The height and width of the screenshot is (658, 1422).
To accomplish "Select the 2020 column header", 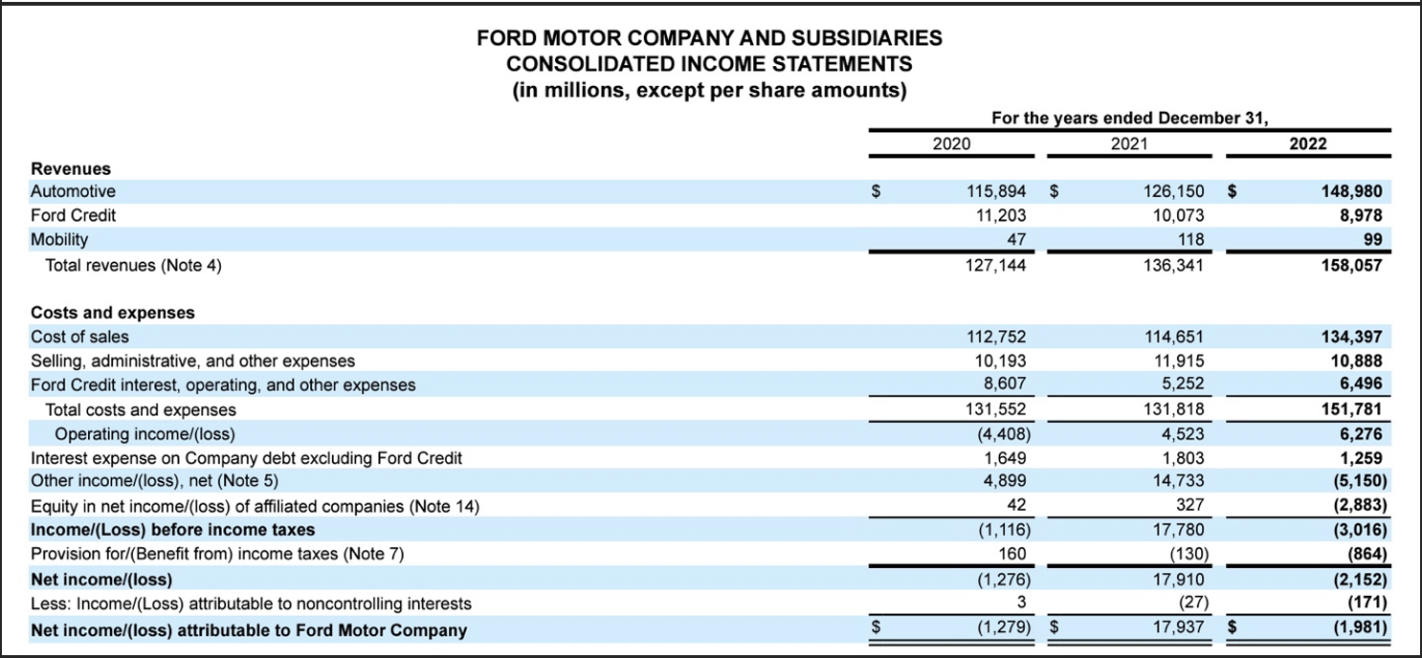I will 951,143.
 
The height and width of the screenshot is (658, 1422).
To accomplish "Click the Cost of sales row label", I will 80,337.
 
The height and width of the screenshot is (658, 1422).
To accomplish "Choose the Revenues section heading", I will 71,168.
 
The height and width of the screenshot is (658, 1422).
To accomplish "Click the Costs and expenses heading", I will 113,313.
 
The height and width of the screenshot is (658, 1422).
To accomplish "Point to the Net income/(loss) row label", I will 101,580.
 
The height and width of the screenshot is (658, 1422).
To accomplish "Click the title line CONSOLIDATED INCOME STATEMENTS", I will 709,64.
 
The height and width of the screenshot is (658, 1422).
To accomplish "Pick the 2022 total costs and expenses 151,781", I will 1354,410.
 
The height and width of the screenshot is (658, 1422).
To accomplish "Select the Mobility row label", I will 59,239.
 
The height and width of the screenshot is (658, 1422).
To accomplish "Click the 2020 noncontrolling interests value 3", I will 1021,603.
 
